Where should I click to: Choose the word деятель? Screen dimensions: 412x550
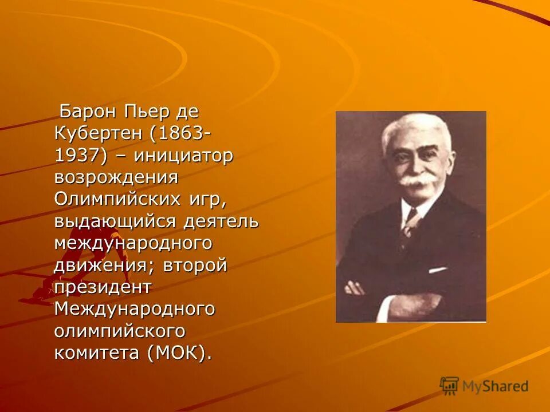(221, 221)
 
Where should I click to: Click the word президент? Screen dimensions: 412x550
(103, 287)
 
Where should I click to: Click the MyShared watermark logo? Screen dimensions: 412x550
(484, 386)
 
